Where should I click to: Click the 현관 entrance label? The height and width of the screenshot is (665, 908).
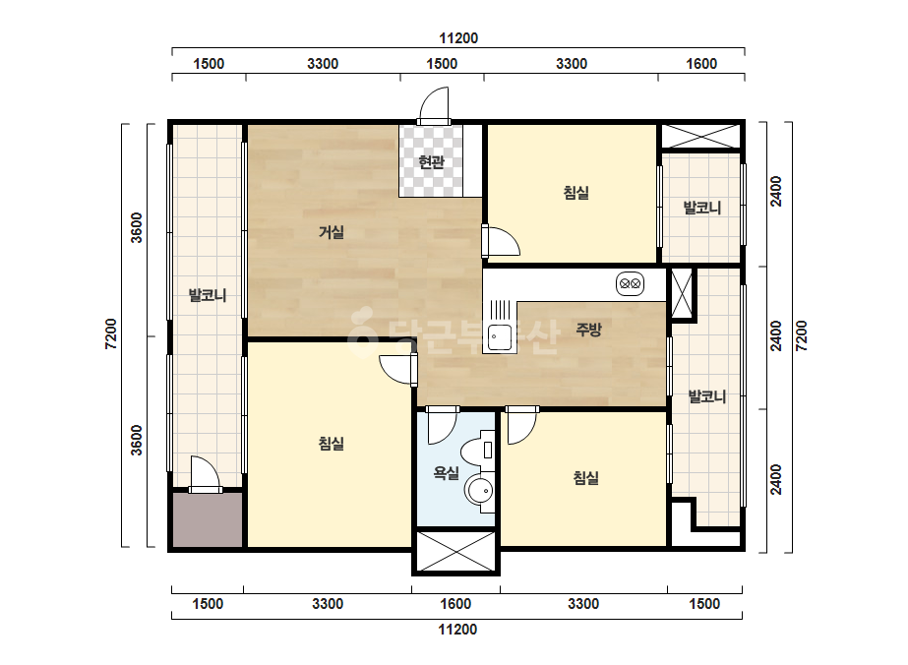coord(432,161)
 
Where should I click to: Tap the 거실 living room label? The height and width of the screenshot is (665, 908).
coord(332,232)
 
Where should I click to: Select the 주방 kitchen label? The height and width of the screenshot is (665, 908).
coord(589,329)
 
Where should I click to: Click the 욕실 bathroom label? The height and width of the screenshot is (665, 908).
coord(447,473)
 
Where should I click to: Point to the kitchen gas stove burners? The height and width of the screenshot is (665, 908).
coord(630,284)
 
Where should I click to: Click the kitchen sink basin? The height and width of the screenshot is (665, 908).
coord(499,337)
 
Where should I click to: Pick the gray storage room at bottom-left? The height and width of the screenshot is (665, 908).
coord(208,519)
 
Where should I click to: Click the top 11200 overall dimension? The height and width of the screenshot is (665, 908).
coord(458,38)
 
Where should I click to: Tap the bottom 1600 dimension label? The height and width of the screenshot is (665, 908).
coord(455,604)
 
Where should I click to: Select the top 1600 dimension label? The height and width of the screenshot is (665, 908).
coord(701,64)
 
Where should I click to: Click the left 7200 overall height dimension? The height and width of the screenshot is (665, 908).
coord(110,334)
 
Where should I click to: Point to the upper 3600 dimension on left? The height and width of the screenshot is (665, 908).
coord(136,228)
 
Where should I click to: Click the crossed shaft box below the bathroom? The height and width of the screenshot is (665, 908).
coord(455,551)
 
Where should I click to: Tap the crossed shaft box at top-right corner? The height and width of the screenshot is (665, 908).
coord(700,136)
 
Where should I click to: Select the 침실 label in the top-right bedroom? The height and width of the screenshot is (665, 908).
coord(576,192)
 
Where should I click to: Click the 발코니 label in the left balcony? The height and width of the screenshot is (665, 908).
coord(208,295)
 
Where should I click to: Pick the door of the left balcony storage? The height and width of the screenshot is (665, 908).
coord(206,474)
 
